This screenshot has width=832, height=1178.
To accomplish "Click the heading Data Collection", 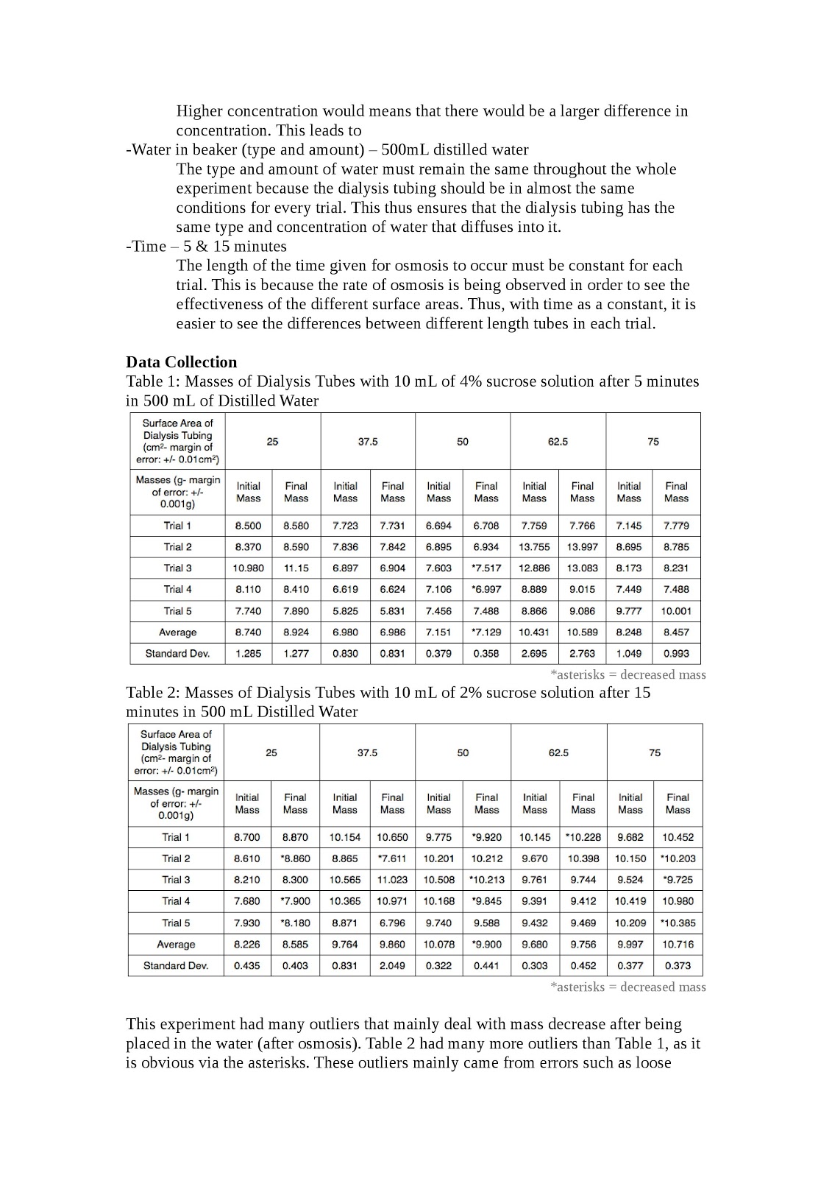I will pyautogui.click(x=181, y=362).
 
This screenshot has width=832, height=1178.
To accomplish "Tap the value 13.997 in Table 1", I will pyautogui.click(x=582, y=547).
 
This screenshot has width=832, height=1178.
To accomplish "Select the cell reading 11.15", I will pyautogui.click(x=296, y=568).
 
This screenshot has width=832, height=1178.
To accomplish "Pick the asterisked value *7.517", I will pyautogui.click(x=486, y=568).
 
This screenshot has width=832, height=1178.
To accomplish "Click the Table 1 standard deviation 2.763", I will pyautogui.click(x=582, y=653).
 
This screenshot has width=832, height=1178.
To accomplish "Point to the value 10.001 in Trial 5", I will pyautogui.click(x=676, y=611).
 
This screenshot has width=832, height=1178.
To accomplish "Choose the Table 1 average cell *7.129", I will pyautogui.click(x=486, y=632).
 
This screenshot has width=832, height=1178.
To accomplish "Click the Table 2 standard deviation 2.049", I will pyautogui.click(x=392, y=965).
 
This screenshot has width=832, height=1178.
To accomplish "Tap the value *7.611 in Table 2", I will pyautogui.click(x=392, y=858).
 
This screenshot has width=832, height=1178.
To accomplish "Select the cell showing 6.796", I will pyautogui.click(x=392, y=923).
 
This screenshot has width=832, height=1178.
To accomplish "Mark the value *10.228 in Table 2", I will pyautogui.click(x=583, y=837).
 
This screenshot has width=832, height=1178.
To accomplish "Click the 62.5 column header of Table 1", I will pyautogui.click(x=558, y=442).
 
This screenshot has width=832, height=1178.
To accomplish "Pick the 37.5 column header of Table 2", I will pyautogui.click(x=367, y=753).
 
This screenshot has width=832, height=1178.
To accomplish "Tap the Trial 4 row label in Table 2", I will pyautogui.click(x=176, y=901).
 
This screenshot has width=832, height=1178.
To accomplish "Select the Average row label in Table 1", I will pyautogui.click(x=177, y=632).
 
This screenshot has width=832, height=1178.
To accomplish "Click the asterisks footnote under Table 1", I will pyautogui.click(x=627, y=674).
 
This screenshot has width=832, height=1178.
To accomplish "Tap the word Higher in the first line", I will pyautogui.click(x=199, y=111).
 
